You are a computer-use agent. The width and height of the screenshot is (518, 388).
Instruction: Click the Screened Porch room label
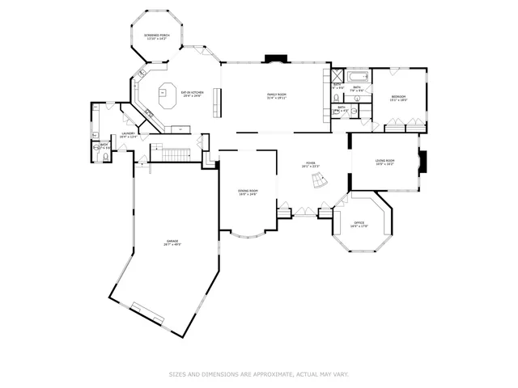click(155, 37)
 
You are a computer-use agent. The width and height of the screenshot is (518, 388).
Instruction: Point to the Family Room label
click(277, 96)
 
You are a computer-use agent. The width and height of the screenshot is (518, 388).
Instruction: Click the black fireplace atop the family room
click(275, 59)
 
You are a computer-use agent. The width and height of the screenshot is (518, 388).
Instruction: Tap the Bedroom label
click(397, 98)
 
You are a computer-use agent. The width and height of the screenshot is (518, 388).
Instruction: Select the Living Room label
click(384, 162)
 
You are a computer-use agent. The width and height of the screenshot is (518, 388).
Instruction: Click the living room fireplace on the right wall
click(422, 162)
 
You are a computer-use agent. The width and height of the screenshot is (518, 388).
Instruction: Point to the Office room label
click(359, 225)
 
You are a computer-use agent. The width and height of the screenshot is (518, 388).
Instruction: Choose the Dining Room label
click(247, 192)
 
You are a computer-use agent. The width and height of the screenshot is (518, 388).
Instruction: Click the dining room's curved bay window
click(248, 236)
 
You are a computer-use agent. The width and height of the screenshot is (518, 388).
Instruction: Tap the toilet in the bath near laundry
click(96, 146)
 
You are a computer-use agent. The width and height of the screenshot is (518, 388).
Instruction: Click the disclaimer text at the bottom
click(258, 374)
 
